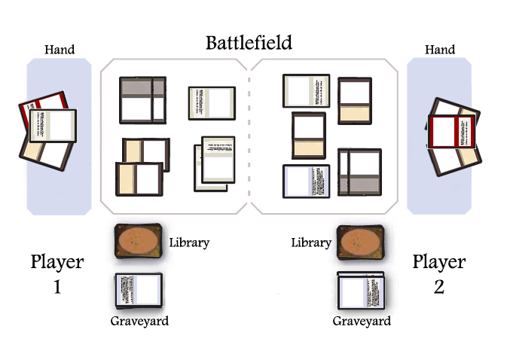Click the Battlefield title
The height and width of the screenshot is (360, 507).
249,42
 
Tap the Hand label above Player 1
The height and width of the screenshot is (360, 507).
60,50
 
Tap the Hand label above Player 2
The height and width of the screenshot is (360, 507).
440,50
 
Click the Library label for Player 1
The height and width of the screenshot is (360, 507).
189,243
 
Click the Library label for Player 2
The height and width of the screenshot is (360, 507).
311,243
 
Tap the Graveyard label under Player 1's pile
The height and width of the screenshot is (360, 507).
139,322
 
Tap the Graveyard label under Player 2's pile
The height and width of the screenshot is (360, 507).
362,322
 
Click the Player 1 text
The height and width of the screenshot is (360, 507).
57,274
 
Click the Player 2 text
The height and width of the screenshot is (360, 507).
439,274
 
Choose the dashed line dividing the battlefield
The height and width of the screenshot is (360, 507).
249,136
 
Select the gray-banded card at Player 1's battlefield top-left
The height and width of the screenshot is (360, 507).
142,99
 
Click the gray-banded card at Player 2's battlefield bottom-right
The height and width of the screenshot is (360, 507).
359,172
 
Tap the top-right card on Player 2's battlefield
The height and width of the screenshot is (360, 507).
354,99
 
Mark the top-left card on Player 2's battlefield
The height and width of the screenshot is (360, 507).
306,90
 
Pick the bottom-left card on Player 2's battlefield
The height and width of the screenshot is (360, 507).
306,182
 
